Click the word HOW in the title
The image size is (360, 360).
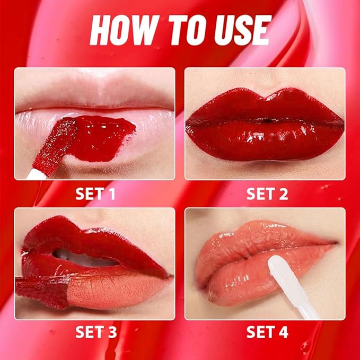tap(122, 30)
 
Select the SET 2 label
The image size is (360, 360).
tap(267, 194)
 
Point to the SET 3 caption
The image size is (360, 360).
tap(95, 332)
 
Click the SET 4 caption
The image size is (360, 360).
tap(267, 332)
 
